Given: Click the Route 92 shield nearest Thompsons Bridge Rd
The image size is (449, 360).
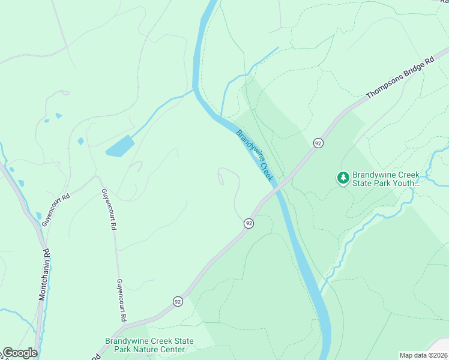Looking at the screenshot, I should tap(318, 143).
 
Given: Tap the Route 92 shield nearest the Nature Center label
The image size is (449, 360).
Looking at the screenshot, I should tap(178, 301).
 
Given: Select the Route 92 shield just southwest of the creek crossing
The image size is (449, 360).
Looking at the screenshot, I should tap(249, 223).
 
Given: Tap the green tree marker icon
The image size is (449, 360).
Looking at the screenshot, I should tap(343, 177).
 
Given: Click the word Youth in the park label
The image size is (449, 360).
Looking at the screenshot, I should tap(399, 182).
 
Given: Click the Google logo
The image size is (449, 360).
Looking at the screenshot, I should tap(20, 353).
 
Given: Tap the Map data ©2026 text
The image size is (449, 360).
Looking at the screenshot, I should tap(423, 355).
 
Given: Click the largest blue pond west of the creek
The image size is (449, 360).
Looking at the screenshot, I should tap(119, 146).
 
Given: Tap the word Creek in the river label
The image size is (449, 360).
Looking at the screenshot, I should tap(264, 168).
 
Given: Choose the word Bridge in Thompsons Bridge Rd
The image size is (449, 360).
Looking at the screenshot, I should tap(414, 71).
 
